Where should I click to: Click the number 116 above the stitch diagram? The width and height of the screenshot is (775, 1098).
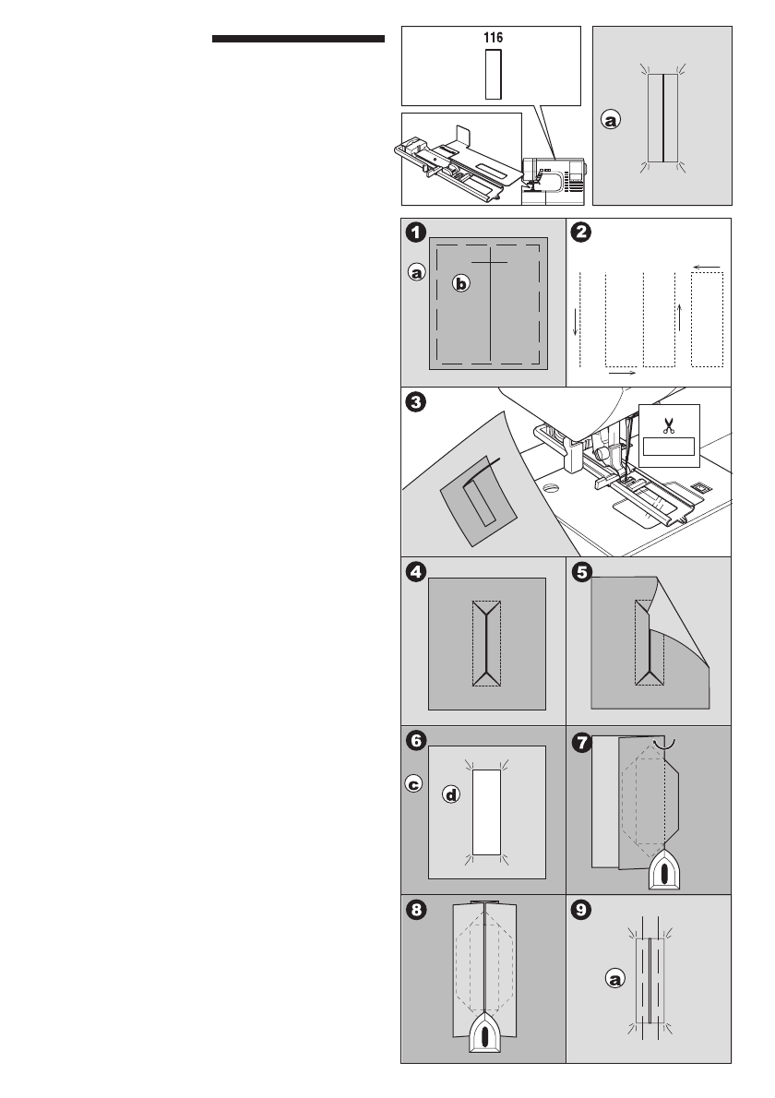pyautogui.click(x=493, y=41)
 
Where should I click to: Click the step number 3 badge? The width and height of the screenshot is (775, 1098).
pyautogui.click(x=418, y=403)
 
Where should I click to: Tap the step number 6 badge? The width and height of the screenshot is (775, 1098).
pyautogui.click(x=418, y=740)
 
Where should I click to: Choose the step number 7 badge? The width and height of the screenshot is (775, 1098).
pyautogui.click(x=581, y=740)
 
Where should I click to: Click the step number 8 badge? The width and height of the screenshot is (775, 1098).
pyautogui.click(x=418, y=910)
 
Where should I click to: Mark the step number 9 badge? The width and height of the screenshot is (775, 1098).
pyautogui.click(x=581, y=910)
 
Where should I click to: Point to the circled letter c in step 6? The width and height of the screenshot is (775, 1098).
pyautogui.click(x=415, y=784)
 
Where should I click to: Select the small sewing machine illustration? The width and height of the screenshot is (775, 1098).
pyautogui.click(x=554, y=179)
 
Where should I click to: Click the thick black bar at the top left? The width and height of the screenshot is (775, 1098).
pyautogui.click(x=298, y=40)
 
